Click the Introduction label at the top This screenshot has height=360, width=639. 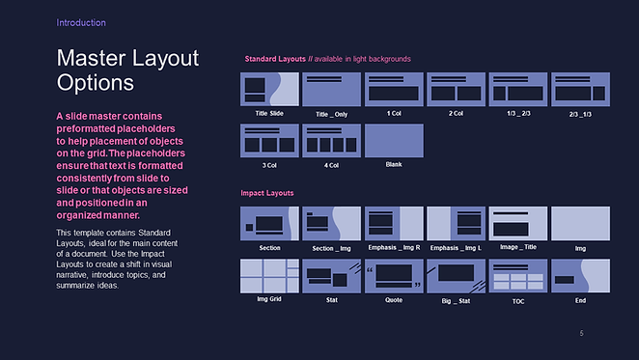click(x=81, y=23)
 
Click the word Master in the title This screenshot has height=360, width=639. click(x=92, y=58)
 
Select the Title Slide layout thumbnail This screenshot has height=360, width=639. click(x=269, y=90)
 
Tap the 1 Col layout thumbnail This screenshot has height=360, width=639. click(x=394, y=90)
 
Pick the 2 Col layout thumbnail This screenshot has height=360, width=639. click(x=456, y=90)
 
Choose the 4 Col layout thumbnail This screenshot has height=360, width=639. click(x=332, y=141)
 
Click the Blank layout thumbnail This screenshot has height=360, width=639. click(x=394, y=141)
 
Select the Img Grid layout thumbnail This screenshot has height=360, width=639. click(x=269, y=276)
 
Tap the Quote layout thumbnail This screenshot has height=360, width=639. click(x=394, y=276)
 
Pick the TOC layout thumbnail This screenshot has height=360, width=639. click(x=518, y=276)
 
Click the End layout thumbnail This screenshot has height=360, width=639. click(x=581, y=276)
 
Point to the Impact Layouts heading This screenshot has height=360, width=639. click(x=267, y=193)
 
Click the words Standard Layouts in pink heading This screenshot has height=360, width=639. click(x=275, y=59)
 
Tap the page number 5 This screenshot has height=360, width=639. click(x=581, y=334)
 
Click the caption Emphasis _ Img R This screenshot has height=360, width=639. click(x=394, y=247)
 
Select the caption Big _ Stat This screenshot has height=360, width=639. click(x=456, y=301)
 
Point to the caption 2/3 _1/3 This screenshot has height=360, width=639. click(x=580, y=114)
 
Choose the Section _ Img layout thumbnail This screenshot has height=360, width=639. click(x=332, y=223)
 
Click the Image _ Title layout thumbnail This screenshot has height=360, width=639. click(x=518, y=223)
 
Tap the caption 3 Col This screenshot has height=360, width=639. click(x=269, y=165)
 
